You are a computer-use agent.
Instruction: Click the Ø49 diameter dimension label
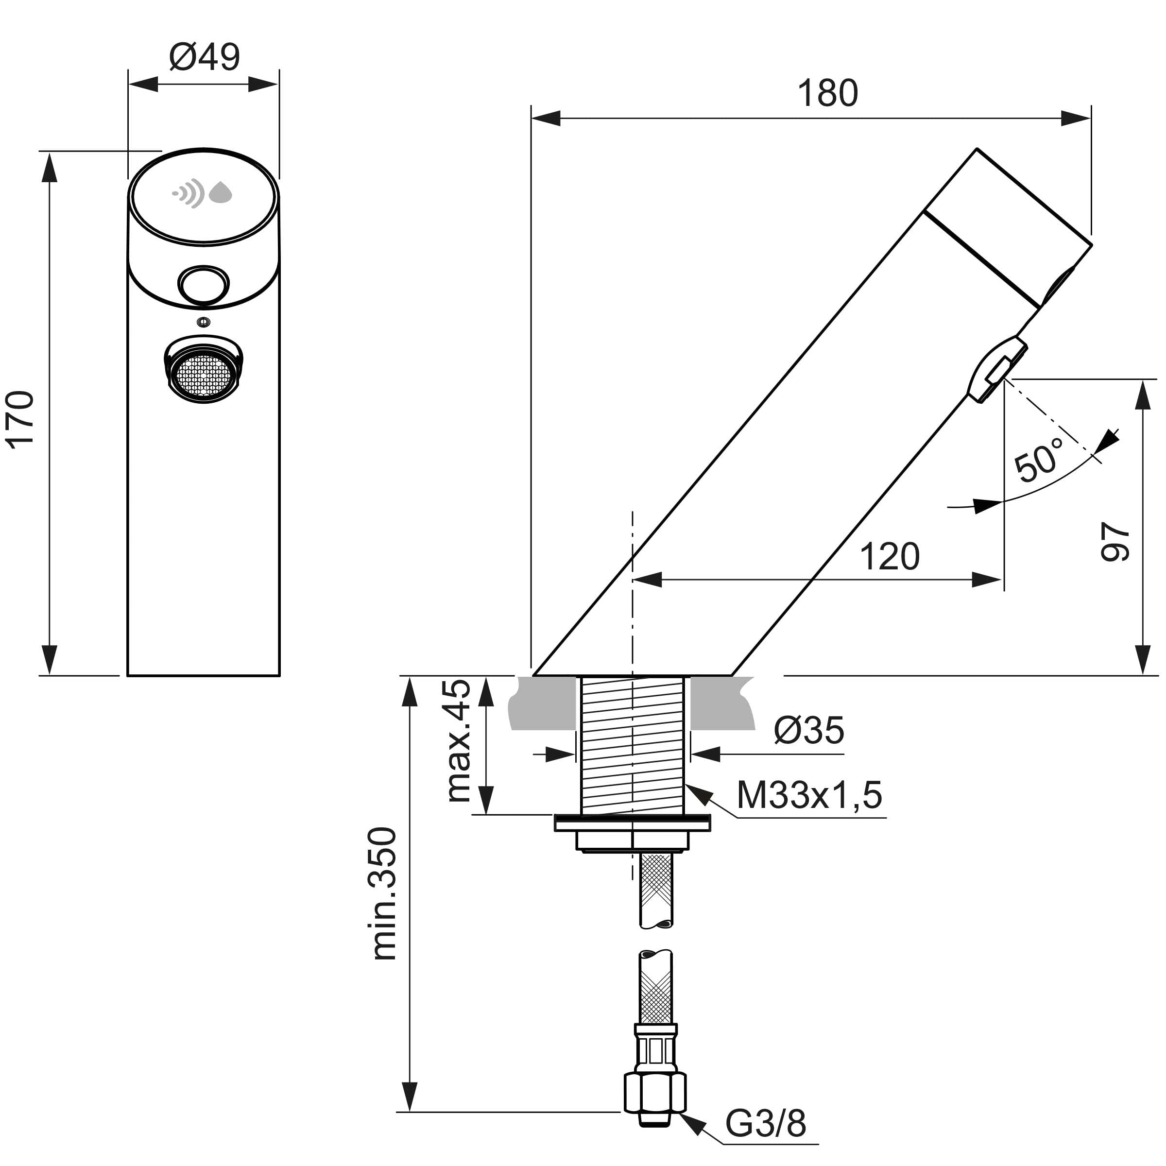(x=205, y=57)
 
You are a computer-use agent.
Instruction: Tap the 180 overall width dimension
(x=827, y=94)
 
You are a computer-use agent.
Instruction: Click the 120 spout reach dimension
(x=890, y=556)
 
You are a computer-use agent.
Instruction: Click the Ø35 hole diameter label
(x=809, y=730)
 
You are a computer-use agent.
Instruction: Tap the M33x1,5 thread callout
(x=809, y=794)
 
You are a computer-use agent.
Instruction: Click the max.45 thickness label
(x=458, y=741)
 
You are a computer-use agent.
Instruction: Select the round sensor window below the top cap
(x=204, y=284)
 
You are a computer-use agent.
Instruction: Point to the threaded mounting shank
(x=632, y=746)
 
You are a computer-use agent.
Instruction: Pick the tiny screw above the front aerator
(x=204, y=322)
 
